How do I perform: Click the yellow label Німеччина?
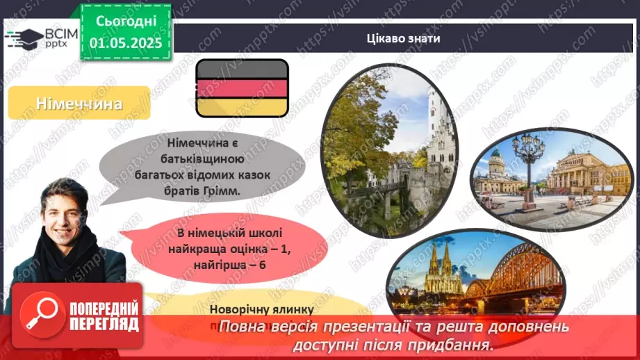(80, 104)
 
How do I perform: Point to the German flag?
(242, 88)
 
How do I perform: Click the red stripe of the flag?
(242, 88)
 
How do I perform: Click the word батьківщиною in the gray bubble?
(181, 158)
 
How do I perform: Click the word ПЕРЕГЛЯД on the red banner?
(104, 325)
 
